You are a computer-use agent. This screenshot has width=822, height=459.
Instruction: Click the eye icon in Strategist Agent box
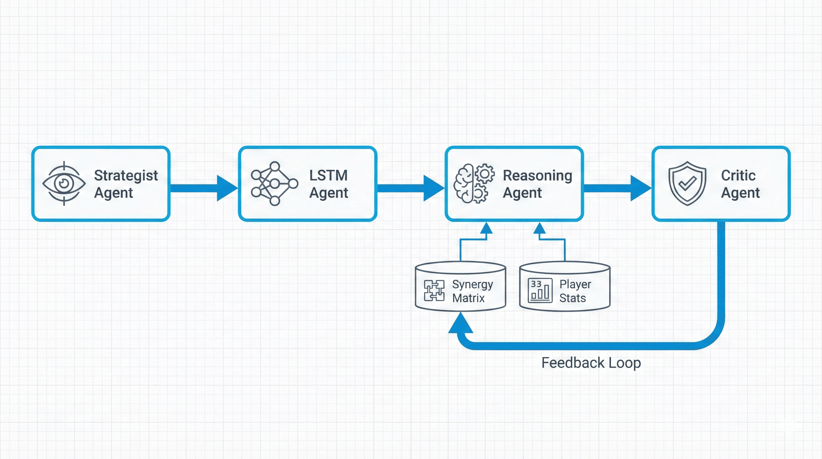pyautogui.click(x=64, y=183)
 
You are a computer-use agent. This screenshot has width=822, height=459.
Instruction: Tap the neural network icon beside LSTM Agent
pyautogui.click(x=274, y=183)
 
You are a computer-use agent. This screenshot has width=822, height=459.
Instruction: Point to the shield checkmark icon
pyautogui.click(x=687, y=183)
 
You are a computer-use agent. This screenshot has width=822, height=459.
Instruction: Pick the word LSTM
pyautogui.click(x=328, y=175)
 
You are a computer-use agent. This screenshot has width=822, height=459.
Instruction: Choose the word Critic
pyautogui.click(x=738, y=175)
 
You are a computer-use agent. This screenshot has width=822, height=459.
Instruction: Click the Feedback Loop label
pyautogui.click(x=591, y=363)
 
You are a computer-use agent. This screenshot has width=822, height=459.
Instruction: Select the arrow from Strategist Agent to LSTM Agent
pyautogui.click(x=204, y=188)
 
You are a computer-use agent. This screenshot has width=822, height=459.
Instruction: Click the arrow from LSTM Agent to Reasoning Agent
pyautogui.click(x=411, y=188)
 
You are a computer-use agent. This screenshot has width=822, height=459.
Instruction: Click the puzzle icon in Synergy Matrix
pyautogui.click(x=434, y=290)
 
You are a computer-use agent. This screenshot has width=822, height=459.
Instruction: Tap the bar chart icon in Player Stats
pyautogui.click(x=540, y=290)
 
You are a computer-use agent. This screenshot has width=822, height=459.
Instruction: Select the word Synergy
pyautogui.click(x=473, y=285)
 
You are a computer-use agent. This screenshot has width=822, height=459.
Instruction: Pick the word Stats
pyautogui.click(x=573, y=298)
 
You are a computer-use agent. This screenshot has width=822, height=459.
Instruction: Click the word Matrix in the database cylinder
pyautogui.click(x=468, y=298)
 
